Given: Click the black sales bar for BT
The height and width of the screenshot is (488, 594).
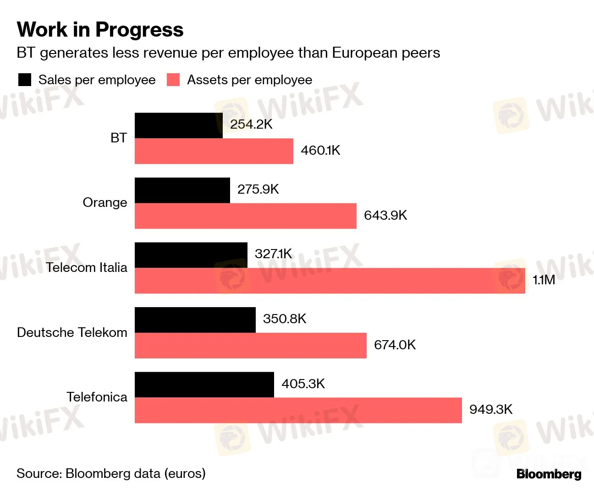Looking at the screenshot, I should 178,125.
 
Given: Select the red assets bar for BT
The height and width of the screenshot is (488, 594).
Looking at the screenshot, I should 214,151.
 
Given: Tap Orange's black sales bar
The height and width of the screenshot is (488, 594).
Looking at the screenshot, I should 182,190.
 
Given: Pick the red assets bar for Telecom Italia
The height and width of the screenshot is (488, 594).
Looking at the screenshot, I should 330,281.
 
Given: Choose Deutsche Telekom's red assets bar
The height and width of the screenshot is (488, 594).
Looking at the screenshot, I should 250,346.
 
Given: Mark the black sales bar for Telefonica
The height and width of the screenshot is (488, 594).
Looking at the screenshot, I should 204,385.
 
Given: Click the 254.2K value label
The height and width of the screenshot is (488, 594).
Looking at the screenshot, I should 251,125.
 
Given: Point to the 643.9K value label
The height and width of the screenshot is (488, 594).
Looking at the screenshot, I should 385,215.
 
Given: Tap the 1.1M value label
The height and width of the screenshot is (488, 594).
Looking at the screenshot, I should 544,280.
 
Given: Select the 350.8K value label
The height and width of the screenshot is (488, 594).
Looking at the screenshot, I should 284,319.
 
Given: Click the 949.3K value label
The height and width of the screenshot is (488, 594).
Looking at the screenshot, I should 490,409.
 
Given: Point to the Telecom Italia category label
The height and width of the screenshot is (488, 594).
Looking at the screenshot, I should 86,267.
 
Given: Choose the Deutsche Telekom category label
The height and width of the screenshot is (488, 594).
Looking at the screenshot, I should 72,332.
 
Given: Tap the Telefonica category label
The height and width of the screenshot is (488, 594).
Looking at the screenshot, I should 97,397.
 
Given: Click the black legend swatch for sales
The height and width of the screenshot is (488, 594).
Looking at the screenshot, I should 25,80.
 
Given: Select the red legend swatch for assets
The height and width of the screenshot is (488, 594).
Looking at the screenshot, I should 173,80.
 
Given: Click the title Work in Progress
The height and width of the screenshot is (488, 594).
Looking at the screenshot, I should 100,30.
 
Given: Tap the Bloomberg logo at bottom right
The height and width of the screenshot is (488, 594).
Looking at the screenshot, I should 549,474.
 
